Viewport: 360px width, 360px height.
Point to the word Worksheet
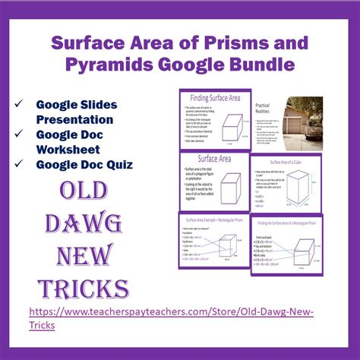click(71, 148)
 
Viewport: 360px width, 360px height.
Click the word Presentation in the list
click(74, 118)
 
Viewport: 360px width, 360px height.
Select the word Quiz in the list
click(115, 163)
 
